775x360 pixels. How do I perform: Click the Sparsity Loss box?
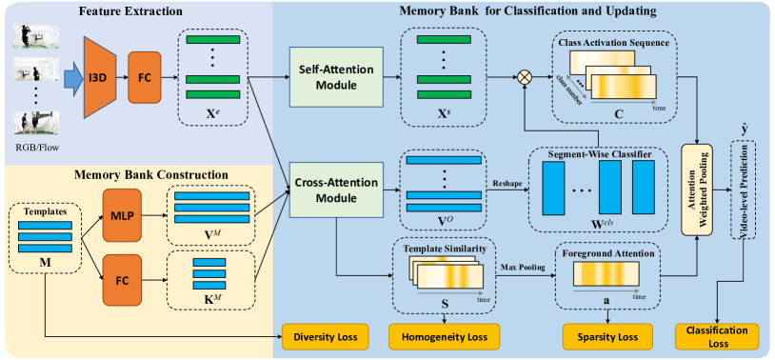click(607, 336)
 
